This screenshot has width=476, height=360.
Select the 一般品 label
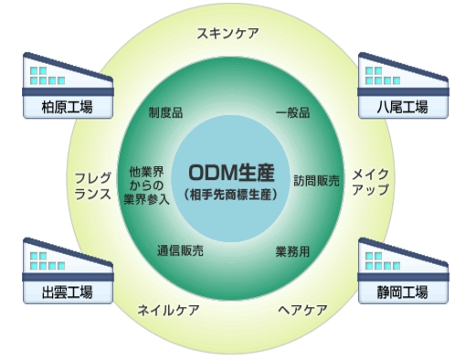pos(292,113)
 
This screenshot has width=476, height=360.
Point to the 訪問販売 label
pos(316,179)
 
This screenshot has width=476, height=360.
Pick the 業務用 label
pos(292,249)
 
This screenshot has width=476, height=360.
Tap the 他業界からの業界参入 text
pos(146,185)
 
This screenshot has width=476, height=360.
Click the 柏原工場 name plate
pos(67,106)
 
